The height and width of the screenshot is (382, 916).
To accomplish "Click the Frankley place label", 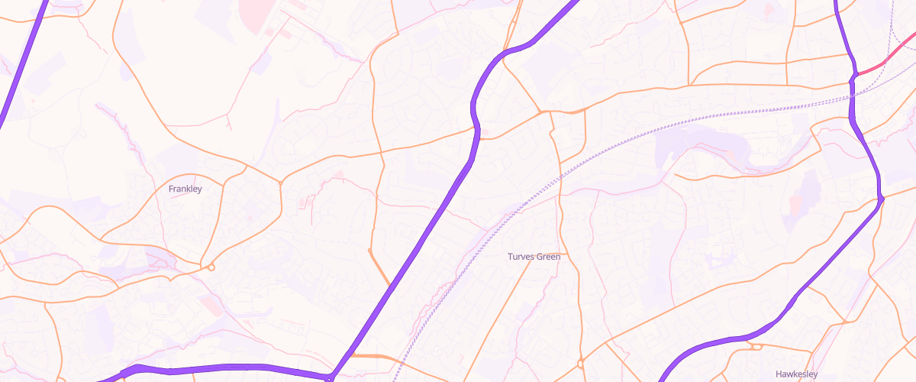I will (x=185, y=189).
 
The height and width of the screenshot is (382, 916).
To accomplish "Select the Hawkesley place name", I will (x=796, y=374).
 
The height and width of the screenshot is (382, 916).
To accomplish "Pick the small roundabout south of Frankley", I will (x=211, y=267).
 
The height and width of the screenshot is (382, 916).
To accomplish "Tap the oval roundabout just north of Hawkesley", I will (x=756, y=347).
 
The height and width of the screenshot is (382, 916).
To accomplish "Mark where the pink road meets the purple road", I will (x=855, y=75).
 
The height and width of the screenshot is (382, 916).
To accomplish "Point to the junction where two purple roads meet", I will (x=331, y=377).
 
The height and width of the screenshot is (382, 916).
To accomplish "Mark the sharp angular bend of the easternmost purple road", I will (x=881, y=199).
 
